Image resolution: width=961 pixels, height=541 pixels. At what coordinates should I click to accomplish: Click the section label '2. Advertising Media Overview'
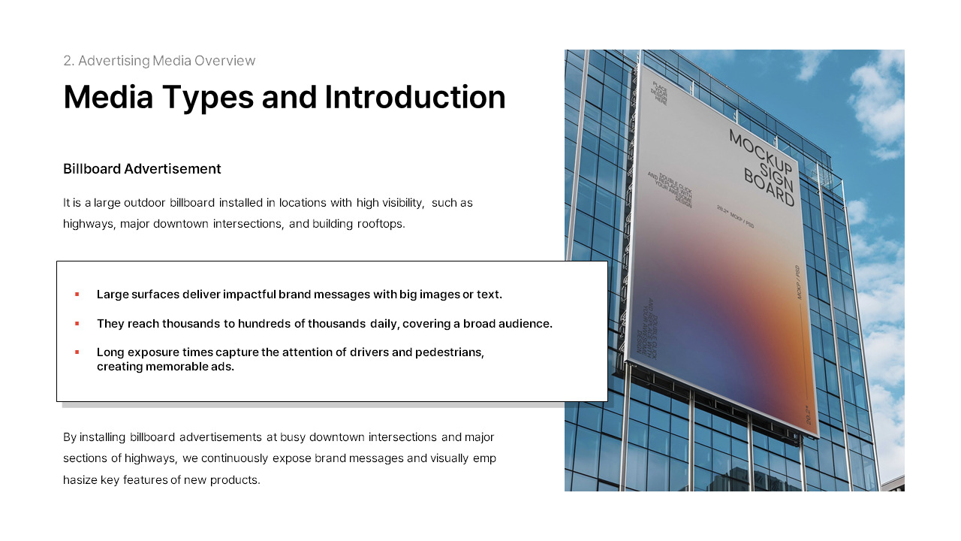[159, 61]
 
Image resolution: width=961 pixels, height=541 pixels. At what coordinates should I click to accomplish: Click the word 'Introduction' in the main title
[415, 98]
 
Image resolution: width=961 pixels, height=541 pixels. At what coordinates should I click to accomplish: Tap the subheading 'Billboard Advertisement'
[142, 169]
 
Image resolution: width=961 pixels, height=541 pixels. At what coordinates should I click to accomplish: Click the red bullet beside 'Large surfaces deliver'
[77, 295]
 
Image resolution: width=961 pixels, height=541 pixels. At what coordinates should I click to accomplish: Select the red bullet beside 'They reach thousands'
[77, 324]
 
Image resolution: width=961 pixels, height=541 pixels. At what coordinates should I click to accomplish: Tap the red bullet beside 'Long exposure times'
[77, 352]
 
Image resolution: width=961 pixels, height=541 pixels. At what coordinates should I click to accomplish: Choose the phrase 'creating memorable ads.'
[165, 367]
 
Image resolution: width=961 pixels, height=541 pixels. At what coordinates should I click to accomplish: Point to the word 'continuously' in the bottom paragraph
[234, 458]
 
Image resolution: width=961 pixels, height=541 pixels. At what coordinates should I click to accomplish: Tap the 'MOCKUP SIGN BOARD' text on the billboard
[761, 167]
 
